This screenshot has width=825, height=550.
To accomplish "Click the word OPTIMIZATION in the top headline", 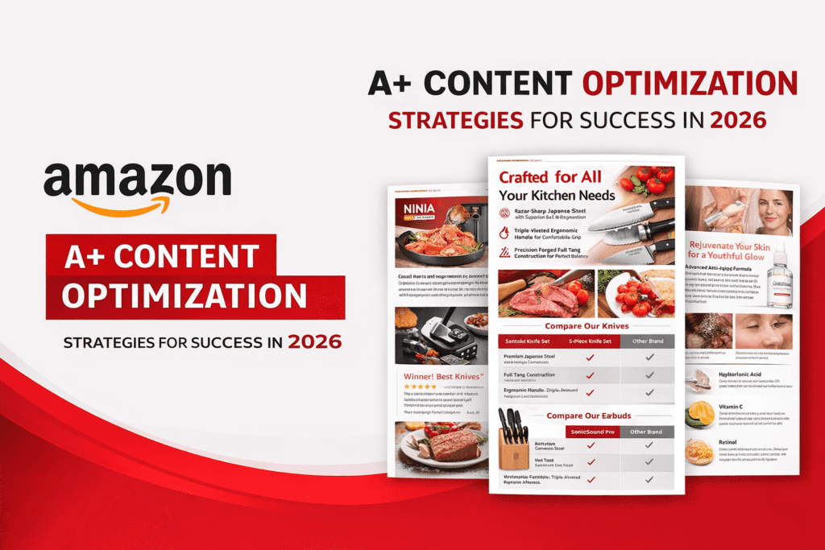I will point(686,85).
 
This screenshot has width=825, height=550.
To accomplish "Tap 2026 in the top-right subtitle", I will point(737,120).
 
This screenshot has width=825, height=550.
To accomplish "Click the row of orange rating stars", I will point(421,387).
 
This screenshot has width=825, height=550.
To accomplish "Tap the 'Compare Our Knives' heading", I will point(587,326).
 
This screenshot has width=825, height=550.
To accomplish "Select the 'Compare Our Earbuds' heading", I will point(588,416).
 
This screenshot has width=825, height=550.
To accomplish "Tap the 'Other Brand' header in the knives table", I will point(649,341).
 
